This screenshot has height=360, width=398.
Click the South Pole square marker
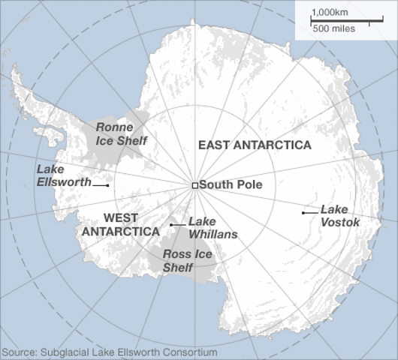coord(194,185)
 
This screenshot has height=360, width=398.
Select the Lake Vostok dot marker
coord(303,213)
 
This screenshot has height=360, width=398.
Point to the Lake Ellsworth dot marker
coord(107,185)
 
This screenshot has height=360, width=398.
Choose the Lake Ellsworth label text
coord(63,175)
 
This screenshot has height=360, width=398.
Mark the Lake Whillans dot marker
coord(171,224)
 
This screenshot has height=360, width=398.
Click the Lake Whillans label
coord(213,228)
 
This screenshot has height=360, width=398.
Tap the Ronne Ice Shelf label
coord(122,133)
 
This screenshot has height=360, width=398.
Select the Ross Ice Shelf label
coord(187,261)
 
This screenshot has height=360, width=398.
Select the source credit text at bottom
coord(110,352)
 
